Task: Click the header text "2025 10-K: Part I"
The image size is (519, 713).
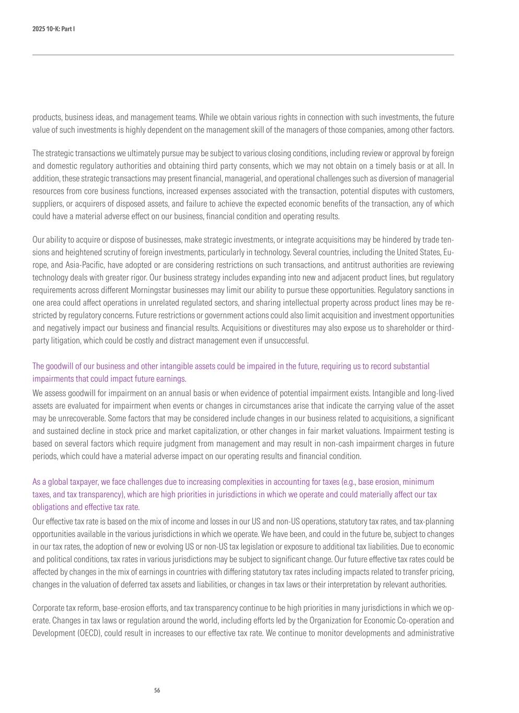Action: click(53, 29)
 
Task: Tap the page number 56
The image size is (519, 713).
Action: click(157, 691)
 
